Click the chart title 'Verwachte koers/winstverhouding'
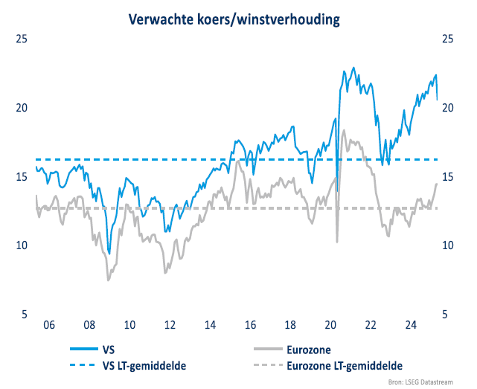pos(234,19)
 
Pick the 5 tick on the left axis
pos(24,314)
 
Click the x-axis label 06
pos(49,325)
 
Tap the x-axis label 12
pos(170,325)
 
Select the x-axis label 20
pos(331,325)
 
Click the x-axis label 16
pos(251,325)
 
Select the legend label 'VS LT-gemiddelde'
pos(143,365)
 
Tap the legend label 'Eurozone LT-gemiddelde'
pos(345,365)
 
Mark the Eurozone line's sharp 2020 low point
pos(337,241)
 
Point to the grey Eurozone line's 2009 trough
pos(109,280)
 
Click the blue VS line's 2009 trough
pos(109,254)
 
